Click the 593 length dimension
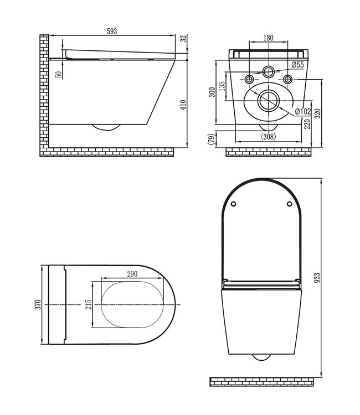pos(112,31)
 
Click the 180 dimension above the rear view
pos(268,38)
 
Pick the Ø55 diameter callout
pos(297,65)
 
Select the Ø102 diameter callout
pos(303,112)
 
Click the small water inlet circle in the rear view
pos(269,71)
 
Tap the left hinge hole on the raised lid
pos(233,204)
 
